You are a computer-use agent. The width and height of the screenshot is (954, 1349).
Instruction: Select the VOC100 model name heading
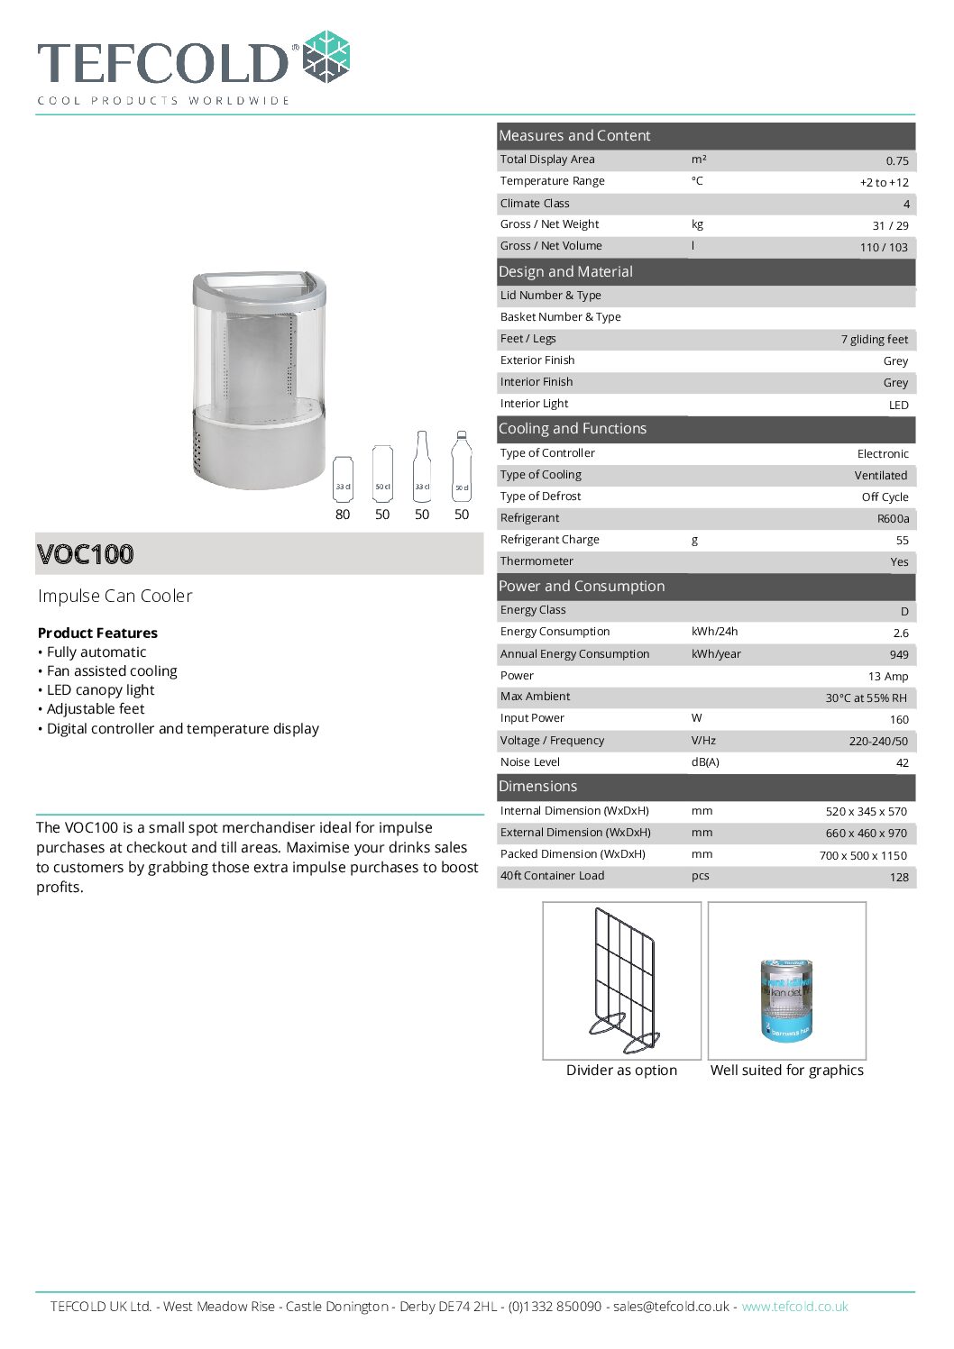(x=86, y=553)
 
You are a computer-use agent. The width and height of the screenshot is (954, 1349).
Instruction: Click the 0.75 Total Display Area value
(x=896, y=160)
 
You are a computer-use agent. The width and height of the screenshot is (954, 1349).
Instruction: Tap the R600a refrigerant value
(x=893, y=518)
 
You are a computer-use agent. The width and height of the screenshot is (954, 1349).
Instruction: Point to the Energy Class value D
(x=904, y=611)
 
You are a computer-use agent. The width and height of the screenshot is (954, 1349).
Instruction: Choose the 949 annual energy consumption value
(x=899, y=654)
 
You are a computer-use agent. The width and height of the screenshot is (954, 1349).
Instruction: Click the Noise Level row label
(x=530, y=762)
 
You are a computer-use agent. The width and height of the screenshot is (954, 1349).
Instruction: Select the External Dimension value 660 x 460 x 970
(x=866, y=833)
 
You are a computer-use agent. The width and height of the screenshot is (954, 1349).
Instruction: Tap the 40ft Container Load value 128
(x=899, y=877)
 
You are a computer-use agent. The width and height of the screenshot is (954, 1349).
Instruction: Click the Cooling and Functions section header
(x=573, y=429)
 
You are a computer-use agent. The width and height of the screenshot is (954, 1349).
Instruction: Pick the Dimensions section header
(x=537, y=786)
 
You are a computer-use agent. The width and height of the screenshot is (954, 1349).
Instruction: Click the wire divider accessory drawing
(x=623, y=980)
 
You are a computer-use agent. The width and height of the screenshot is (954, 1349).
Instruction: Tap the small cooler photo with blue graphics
(x=786, y=998)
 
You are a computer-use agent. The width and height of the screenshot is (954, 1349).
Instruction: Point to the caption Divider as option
(x=621, y=1070)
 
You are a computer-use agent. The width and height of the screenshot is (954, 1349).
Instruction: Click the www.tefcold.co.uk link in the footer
(x=794, y=1306)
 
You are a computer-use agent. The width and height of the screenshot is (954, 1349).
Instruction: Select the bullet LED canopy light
(x=100, y=689)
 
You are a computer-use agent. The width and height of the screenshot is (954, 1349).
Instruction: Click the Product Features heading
(x=97, y=633)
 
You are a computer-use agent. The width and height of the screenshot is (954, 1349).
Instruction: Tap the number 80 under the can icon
(x=343, y=515)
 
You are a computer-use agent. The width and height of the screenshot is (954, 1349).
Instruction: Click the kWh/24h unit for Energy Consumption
(x=714, y=632)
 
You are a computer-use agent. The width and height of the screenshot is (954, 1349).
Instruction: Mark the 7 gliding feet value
(x=874, y=340)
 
